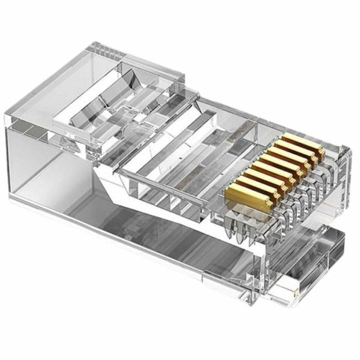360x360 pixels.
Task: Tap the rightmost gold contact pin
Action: [x=313, y=145]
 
